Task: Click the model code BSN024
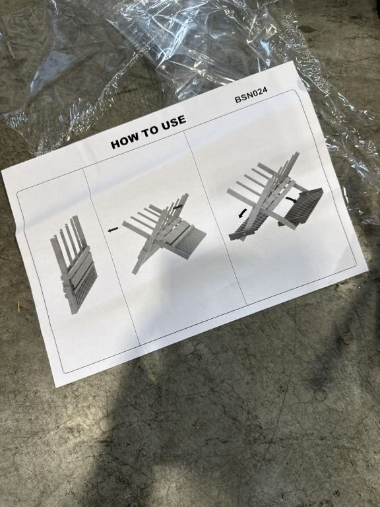(x=251, y=95)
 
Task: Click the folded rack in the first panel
(x=74, y=265)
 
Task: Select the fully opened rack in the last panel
(x=275, y=198)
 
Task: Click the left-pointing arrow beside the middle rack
(x=113, y=229)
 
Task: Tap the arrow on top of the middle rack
(x=177, y=207)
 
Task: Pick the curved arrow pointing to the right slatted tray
(x=292, y=199)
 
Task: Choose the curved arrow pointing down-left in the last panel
(x=242, y=213)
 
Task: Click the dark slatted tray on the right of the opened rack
(x=301, y=206)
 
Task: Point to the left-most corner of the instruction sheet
(x=1, y=171)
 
